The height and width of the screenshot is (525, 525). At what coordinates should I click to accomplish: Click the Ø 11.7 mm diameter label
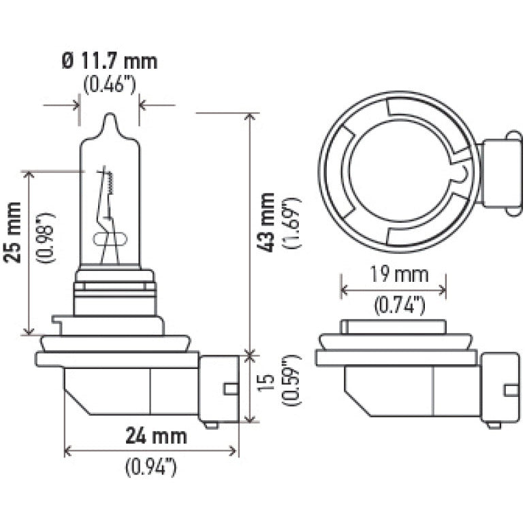tap(109, 62)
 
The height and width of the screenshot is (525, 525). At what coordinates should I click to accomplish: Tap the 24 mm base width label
tap(158, 434)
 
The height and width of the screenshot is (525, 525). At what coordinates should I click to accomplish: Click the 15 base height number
tap(268, 389)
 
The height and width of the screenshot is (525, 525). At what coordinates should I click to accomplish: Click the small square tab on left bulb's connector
tap(231, 389)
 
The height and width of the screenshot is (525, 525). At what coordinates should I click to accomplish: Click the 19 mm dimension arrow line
tap(394, 291)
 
